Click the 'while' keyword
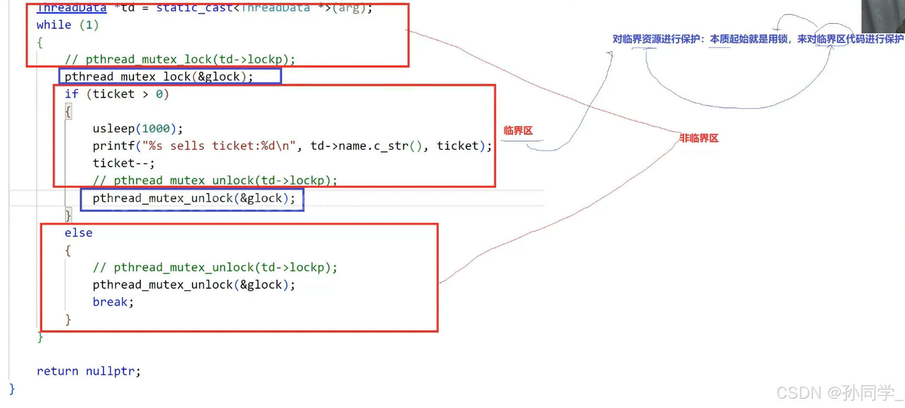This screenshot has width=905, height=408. tap(54, 25)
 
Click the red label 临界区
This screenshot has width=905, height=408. tap(518, 131)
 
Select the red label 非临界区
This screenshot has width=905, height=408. tap(699, 138)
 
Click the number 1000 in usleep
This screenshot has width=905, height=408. tap(156, 129)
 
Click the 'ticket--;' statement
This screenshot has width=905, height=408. tap(124, 163)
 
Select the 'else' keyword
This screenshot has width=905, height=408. tap(79, 233)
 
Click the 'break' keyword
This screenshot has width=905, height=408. tap(110, 302)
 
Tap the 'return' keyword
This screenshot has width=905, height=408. tap(57, 371)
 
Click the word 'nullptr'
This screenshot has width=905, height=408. tap(111, 371)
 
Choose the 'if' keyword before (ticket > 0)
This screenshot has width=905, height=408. tap(71, 94)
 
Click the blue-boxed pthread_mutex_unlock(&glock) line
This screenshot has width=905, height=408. tap(193, 198)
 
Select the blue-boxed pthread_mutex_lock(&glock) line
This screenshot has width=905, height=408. tap(159, 77)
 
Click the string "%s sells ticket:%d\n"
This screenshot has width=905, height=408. tap(219, 146)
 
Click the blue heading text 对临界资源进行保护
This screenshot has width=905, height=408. tap(656, 39)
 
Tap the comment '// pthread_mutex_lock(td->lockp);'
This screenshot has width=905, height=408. tap(180, 59)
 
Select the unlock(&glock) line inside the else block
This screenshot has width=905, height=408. tap(193, 285)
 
